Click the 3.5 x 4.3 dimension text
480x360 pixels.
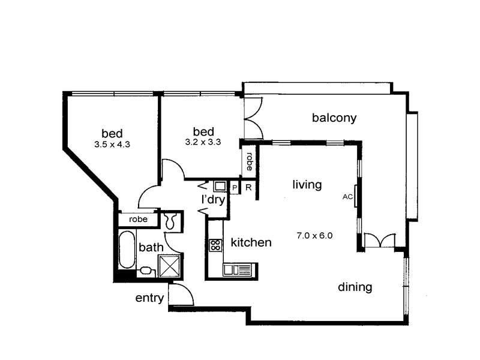112,145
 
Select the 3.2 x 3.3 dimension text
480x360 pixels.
203,143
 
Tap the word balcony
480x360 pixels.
334,118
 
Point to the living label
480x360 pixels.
307,184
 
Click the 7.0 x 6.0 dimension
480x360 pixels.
314,235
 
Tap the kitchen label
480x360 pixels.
251,243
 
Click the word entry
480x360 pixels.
149,298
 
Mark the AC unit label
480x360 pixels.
347,196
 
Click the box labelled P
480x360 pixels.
235,188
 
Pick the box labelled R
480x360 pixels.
248,188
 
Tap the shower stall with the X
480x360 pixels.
169,265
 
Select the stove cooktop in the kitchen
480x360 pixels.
215,245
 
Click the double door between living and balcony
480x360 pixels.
380,240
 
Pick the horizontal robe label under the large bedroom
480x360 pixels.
138,220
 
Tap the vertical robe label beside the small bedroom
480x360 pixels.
249,161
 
